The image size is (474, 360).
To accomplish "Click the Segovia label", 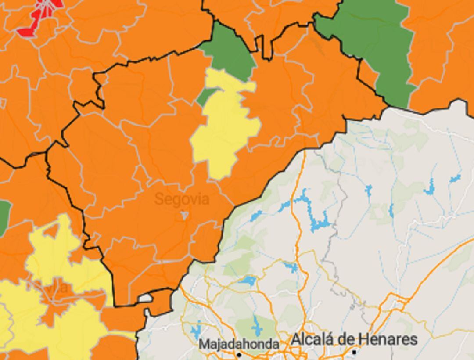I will click(x=182, y=199).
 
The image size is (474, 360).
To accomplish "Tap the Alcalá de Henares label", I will click(x=354, y=339).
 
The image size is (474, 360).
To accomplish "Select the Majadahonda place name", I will click(x=239, y=344).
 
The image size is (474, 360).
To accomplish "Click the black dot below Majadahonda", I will click(x=239, y=354).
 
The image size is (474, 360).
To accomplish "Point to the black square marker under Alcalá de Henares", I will click(x=354, y=352).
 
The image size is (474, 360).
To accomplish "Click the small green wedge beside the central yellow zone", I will click(x=205, y=96).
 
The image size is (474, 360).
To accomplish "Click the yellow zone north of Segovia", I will click(x=224, y=127).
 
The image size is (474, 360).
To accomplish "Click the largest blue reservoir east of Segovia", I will click(x=318, y=222).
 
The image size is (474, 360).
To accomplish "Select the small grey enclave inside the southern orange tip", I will click(x=145, y=299).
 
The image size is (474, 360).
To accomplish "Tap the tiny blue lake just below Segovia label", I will click(x=185, y=215).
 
